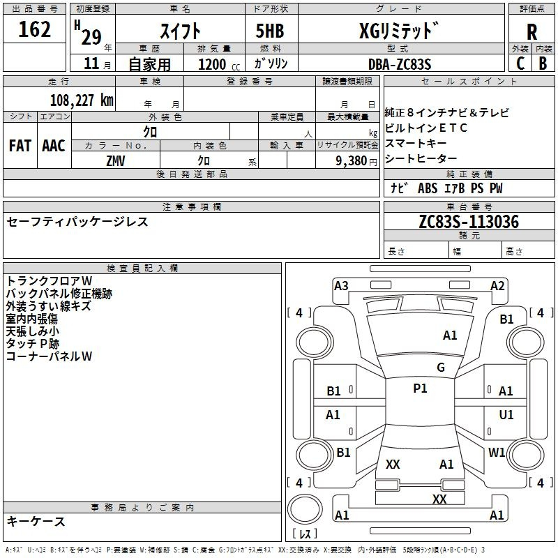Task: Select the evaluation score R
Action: (x=531, y=32)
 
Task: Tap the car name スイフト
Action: (x=181, y=31)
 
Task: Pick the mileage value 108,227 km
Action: (x=82, y=100)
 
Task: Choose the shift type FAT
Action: (x=20, y=146)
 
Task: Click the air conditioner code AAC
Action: (x=54, y=146)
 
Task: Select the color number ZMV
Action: (x=116, y=160)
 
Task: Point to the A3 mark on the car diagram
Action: (x=341, y=285)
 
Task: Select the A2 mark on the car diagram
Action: (x=497, y=285)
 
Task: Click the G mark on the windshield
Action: (x=440, y=367)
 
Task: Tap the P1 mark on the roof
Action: (x=420, y=389)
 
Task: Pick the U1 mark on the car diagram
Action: (x=506, y=415)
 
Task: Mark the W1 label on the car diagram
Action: (x=497, y=452)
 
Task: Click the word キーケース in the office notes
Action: (x=36, y=521)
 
